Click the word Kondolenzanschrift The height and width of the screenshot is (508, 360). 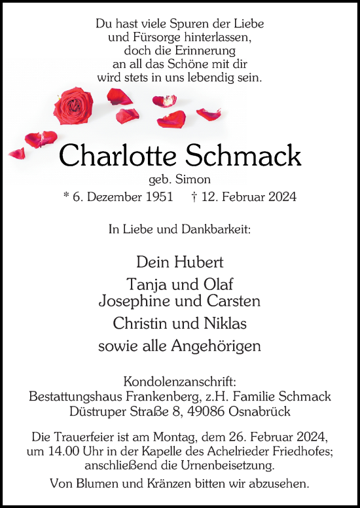coord(180,382)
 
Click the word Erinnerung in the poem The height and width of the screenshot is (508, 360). coord(202,50)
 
